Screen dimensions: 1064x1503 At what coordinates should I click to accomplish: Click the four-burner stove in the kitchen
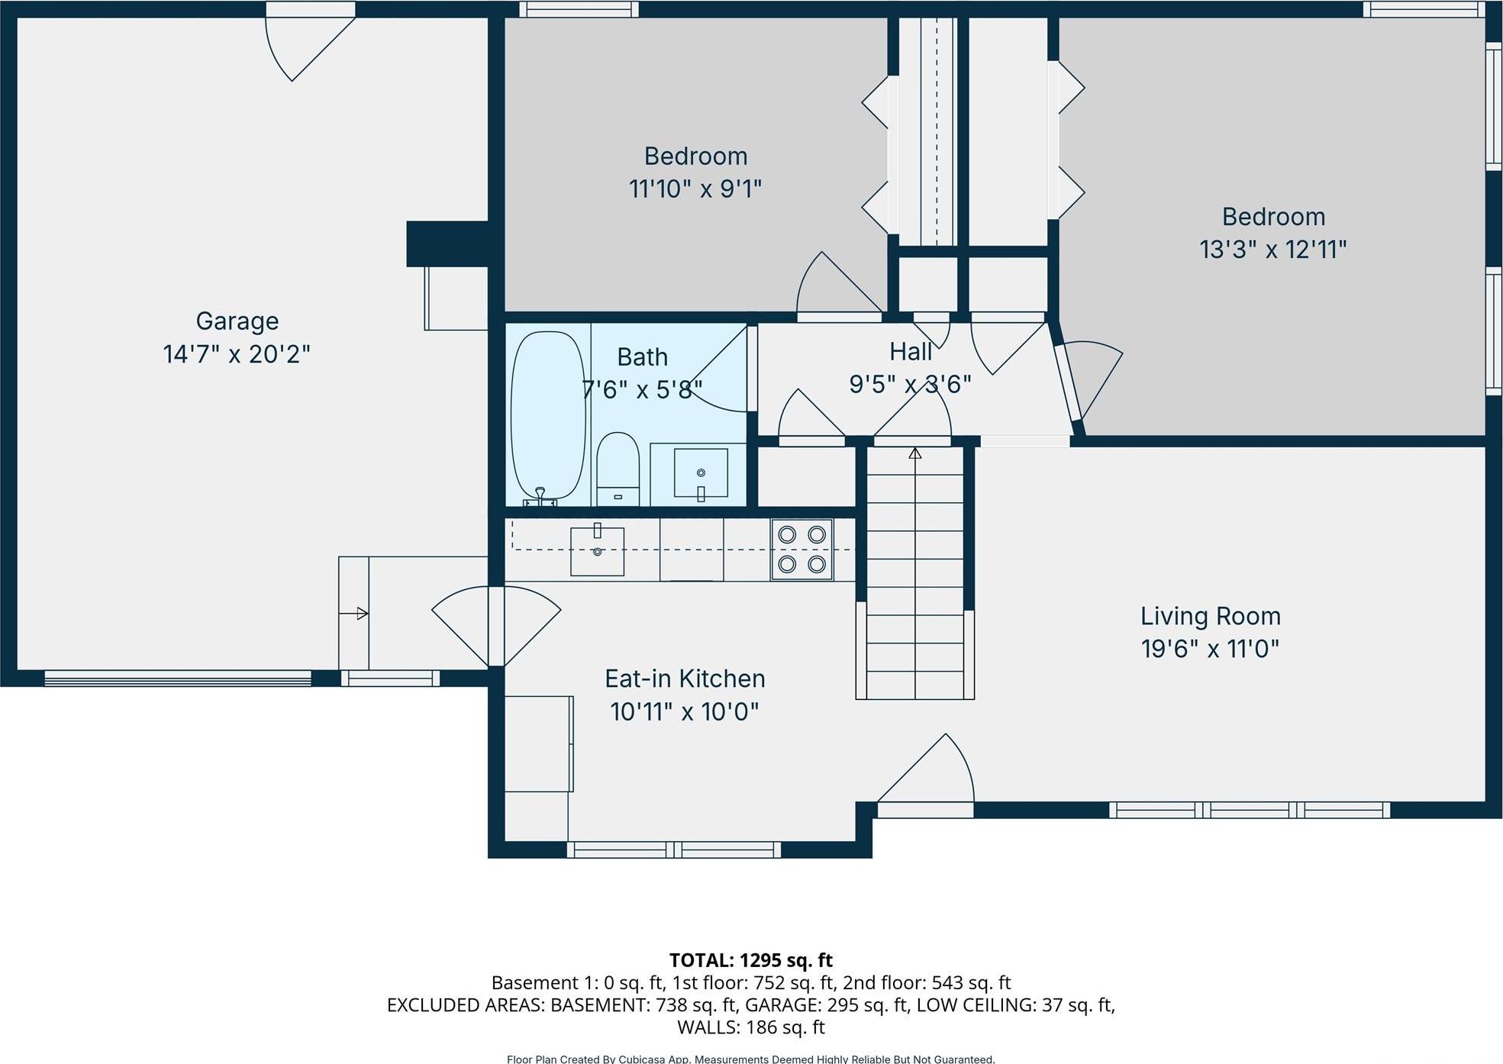coord(801,550)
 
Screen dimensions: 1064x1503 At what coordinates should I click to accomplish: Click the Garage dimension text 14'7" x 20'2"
coord(237,354)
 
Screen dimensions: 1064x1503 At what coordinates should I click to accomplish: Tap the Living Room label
coord(1210,616)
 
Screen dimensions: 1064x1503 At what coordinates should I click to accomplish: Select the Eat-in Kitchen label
coord(685,679)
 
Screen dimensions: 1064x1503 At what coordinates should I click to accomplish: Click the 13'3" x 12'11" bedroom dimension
coord(1272,250)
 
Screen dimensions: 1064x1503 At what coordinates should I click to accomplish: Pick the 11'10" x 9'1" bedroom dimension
coord(695,189)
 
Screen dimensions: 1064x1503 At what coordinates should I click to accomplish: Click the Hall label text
coord(910,352)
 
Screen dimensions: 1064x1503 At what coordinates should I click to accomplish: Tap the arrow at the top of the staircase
coord(915,453)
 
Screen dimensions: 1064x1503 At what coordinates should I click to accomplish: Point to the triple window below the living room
coord(1249,810)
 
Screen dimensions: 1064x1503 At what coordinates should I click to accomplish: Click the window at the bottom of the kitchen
coord(673,850)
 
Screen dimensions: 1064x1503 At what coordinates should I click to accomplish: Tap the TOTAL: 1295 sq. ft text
coord(750,960)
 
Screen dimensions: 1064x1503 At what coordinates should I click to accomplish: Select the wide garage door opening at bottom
coord(177,678)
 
